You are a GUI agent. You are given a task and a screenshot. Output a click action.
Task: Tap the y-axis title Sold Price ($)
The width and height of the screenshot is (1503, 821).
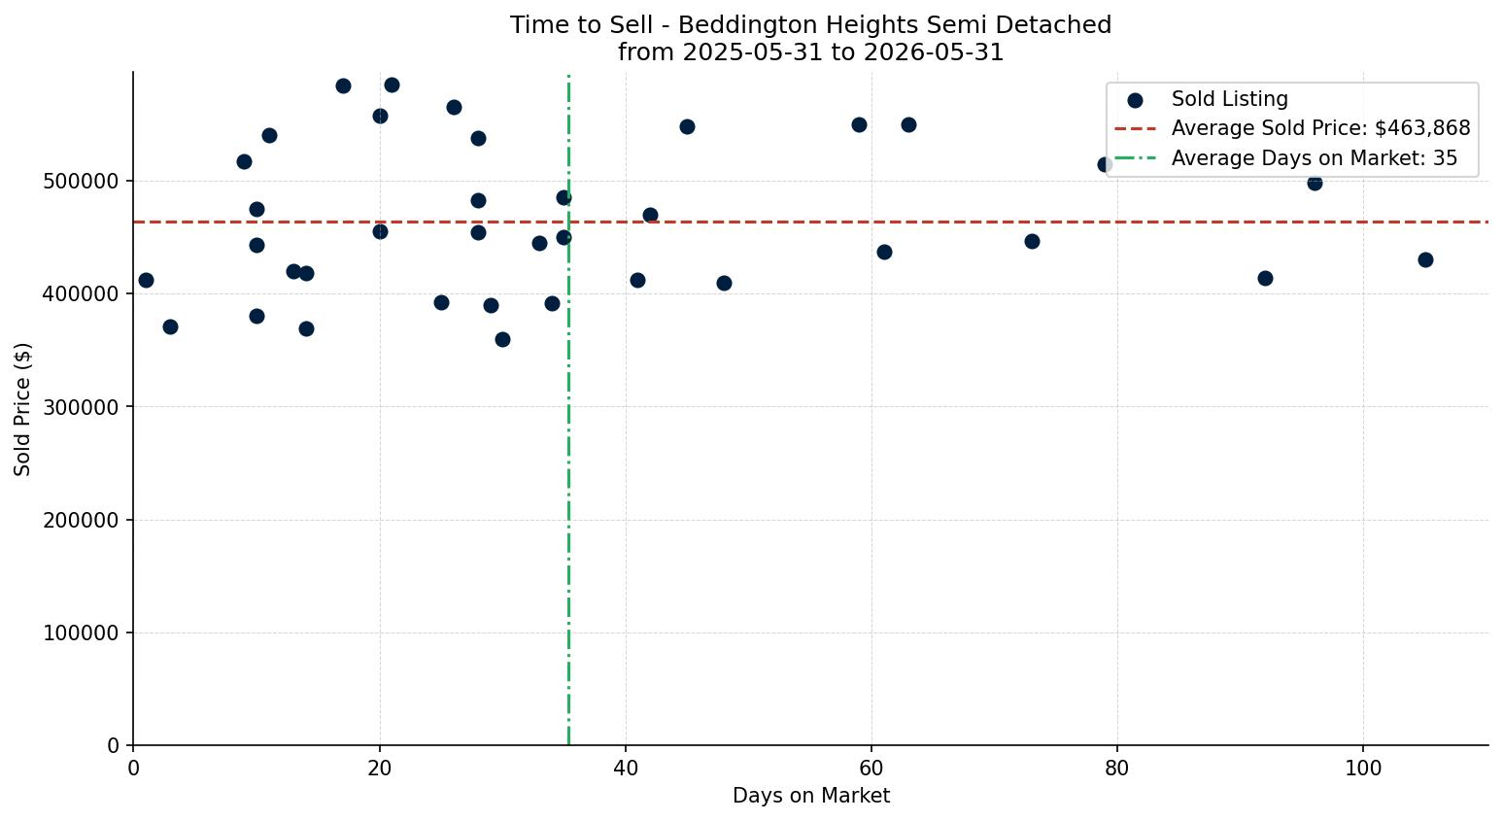22,410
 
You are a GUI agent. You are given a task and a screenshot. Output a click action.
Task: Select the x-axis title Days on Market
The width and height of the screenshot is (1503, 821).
811,796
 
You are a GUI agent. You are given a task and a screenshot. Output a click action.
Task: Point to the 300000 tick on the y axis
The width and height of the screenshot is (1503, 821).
82,407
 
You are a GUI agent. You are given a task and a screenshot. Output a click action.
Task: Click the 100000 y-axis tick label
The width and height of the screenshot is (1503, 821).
82,633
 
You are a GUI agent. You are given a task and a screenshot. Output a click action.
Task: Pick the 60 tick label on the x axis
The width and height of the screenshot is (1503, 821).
871,769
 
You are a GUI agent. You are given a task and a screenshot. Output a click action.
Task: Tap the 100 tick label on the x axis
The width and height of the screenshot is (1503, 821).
1363,769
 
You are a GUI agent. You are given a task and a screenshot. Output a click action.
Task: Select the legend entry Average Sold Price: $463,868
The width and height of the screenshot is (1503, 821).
1292,128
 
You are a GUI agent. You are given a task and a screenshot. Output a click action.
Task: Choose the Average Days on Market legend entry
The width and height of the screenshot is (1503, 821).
1286,158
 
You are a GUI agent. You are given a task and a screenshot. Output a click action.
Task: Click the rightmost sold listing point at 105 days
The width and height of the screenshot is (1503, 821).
1425,259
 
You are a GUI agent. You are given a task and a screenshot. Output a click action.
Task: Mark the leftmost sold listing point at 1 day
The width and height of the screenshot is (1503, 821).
146,281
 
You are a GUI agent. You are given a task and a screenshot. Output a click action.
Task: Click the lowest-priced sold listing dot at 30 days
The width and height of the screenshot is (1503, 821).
502,339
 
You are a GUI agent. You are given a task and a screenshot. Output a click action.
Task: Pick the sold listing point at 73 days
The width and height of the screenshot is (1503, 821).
1032,242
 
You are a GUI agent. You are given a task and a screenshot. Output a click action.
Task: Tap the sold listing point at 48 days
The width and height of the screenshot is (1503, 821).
724,283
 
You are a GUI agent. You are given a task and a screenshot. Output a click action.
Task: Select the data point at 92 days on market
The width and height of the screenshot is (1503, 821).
1266,278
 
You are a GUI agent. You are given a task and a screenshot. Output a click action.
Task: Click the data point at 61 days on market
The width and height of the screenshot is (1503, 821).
884,253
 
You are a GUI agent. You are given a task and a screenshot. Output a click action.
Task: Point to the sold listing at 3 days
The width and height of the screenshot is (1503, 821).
170,326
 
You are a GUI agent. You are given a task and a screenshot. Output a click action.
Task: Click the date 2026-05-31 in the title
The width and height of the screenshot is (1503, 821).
934,52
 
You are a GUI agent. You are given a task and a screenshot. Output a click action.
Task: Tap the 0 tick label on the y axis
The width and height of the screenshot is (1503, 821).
114,746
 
